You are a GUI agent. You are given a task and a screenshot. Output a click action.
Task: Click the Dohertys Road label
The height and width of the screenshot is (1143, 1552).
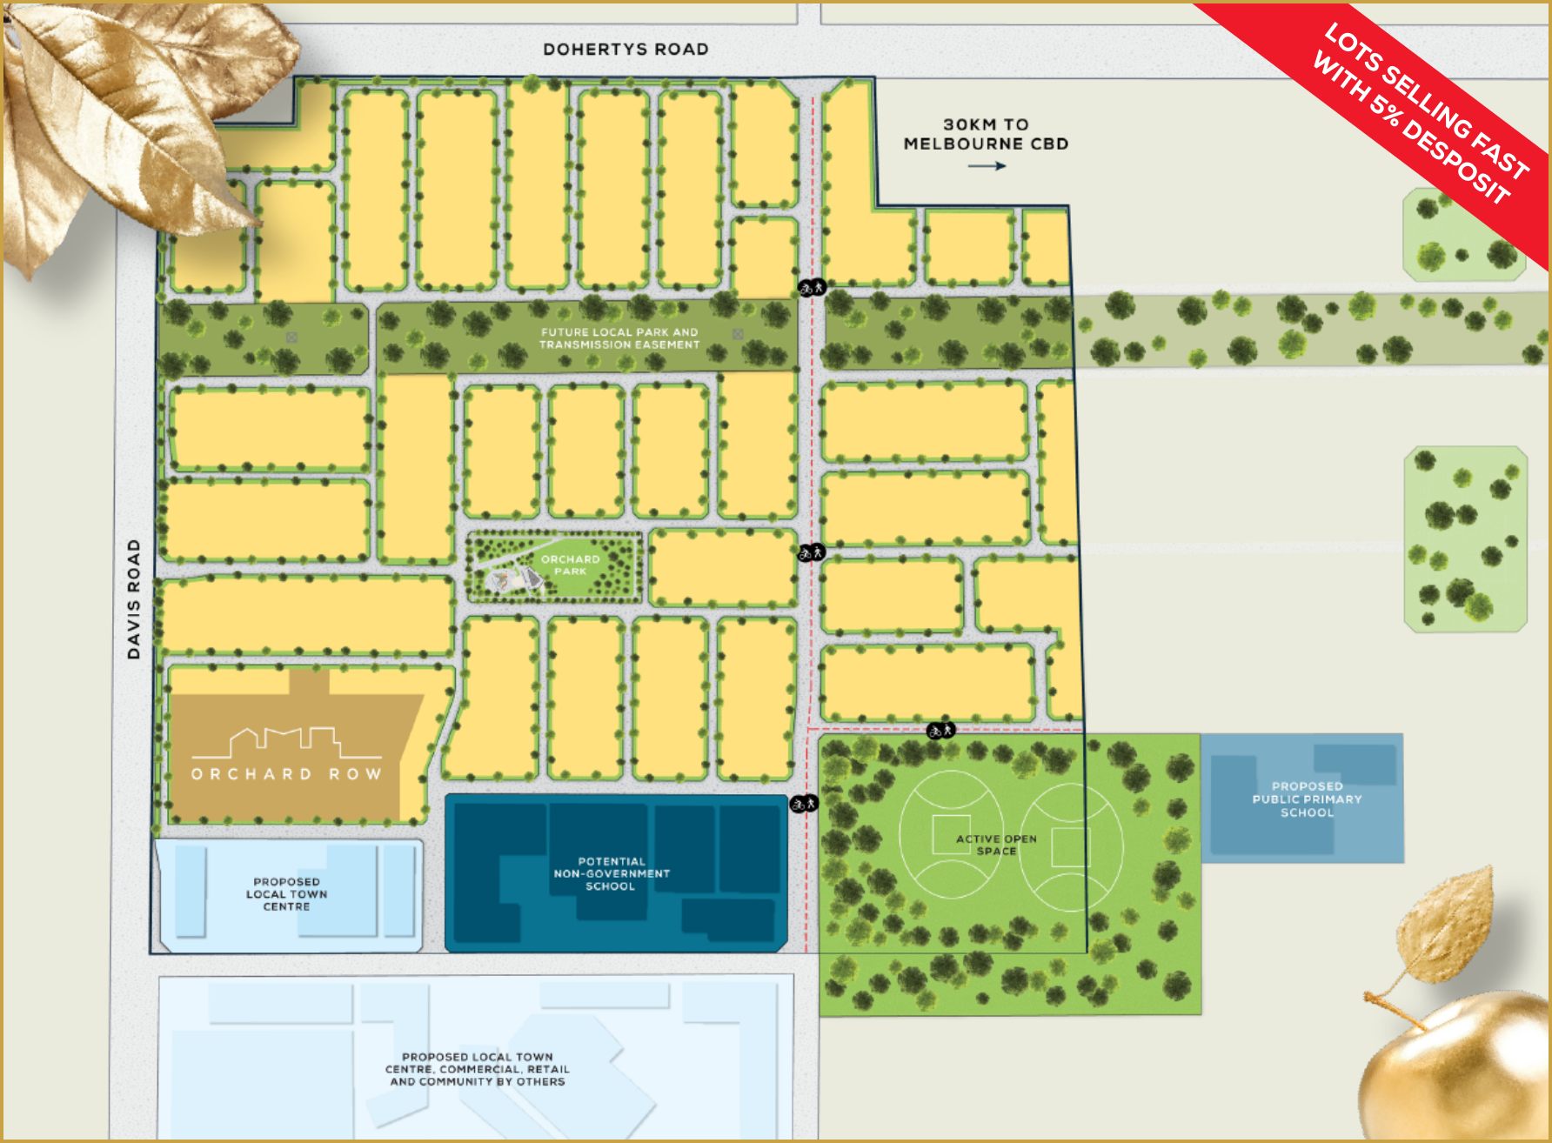pos(625,50)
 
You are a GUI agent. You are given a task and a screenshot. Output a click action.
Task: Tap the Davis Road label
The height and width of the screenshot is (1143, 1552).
pos(134,598)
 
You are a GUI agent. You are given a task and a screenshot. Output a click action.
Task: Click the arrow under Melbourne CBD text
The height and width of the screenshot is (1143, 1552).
pos(987,166)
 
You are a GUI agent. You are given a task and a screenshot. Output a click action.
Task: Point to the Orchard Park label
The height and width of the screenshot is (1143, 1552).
pos(570,565)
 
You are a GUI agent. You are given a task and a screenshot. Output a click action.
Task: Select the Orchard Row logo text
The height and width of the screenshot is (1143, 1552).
pos(286,773)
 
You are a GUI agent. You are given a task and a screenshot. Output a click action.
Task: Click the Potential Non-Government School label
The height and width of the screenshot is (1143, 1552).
pos(611,873)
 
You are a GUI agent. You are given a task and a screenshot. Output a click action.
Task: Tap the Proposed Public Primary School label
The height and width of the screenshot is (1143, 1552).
pos(1307,799)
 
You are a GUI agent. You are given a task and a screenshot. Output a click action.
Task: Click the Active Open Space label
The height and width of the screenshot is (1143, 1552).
pos(996,845)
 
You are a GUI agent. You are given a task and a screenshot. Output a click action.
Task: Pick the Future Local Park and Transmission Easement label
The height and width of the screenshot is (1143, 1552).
pos(619,338)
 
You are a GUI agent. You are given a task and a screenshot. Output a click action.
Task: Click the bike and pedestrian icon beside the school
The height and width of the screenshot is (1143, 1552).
pos(804,804)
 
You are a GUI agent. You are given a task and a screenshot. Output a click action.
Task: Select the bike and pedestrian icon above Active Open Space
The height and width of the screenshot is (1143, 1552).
pos(940,730)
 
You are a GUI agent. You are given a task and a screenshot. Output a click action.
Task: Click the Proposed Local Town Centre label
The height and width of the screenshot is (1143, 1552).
pos(286,894)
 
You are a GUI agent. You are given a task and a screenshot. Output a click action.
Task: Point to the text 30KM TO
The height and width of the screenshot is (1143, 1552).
pos(986,124)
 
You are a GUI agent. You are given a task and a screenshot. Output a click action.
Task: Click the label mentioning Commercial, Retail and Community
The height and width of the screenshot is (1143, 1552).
pos(477,1069)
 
